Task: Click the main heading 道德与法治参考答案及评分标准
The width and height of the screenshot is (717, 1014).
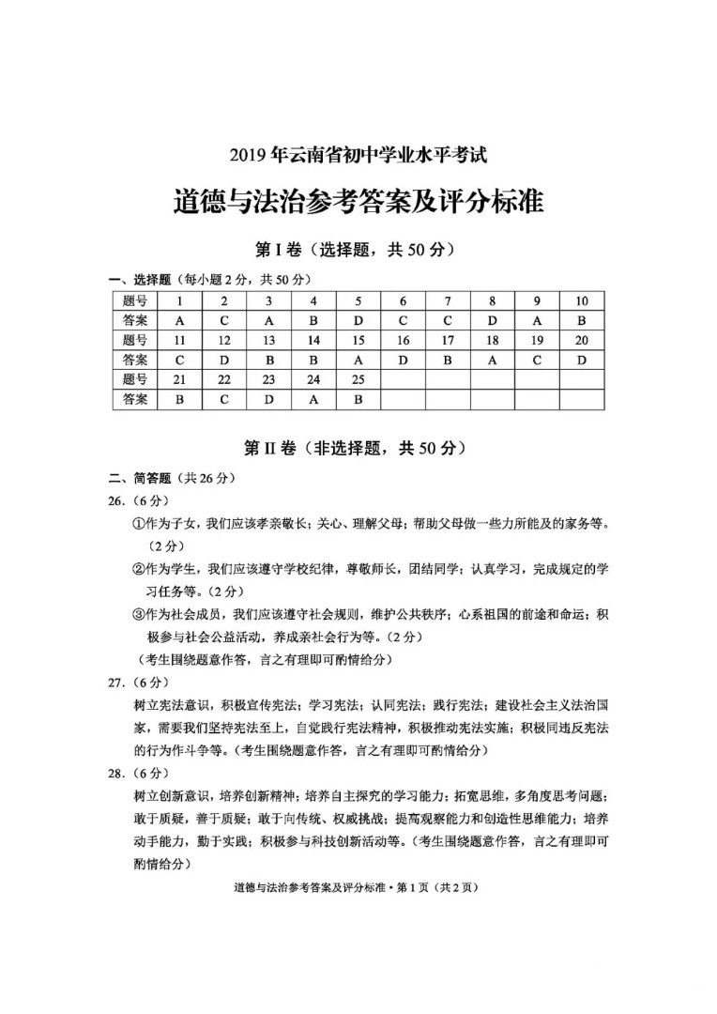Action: point(359,203)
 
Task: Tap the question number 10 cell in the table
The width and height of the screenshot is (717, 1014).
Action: point(581,300)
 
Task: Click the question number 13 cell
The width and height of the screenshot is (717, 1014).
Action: point(268,340)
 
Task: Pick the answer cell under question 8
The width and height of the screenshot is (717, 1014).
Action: point(492,320)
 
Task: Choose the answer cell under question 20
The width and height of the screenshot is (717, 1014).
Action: point(581,360)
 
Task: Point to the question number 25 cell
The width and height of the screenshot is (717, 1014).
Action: point(358,379)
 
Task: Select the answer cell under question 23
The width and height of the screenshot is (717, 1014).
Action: point(268,399)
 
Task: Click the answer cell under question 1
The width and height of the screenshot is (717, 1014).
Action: point(179,320)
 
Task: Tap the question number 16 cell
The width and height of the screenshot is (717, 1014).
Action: point(403,340)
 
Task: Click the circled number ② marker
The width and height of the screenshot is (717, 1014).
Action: point(137,568)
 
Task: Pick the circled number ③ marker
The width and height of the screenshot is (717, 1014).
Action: point(137,614)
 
